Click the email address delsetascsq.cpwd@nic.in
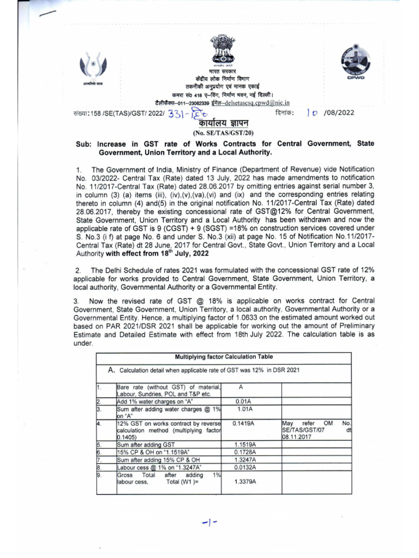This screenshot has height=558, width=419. pyautogui.click(x=260, y=102)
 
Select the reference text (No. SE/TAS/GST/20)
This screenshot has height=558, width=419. pyautogui.click(x=224, y=132)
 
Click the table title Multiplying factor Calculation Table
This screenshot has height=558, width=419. pyautogui.click(x=224, y=356)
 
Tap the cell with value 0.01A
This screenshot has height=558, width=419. pyautogui.click(x=243, y=401)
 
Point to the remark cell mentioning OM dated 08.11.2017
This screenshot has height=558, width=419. pyautogui.click(x=316, y=429)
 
